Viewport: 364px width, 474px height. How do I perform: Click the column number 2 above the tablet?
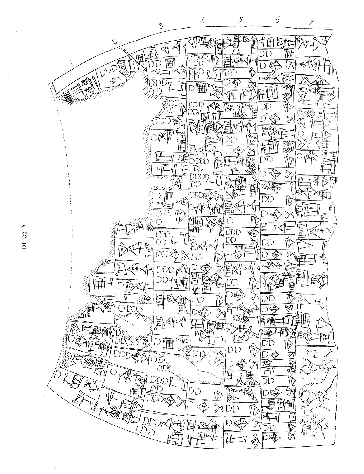click(114, 41)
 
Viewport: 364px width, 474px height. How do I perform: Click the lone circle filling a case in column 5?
click(230, 221)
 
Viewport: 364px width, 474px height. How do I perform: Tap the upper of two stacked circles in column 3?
click(158, 214)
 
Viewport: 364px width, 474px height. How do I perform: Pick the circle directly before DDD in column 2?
click(121, 309)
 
